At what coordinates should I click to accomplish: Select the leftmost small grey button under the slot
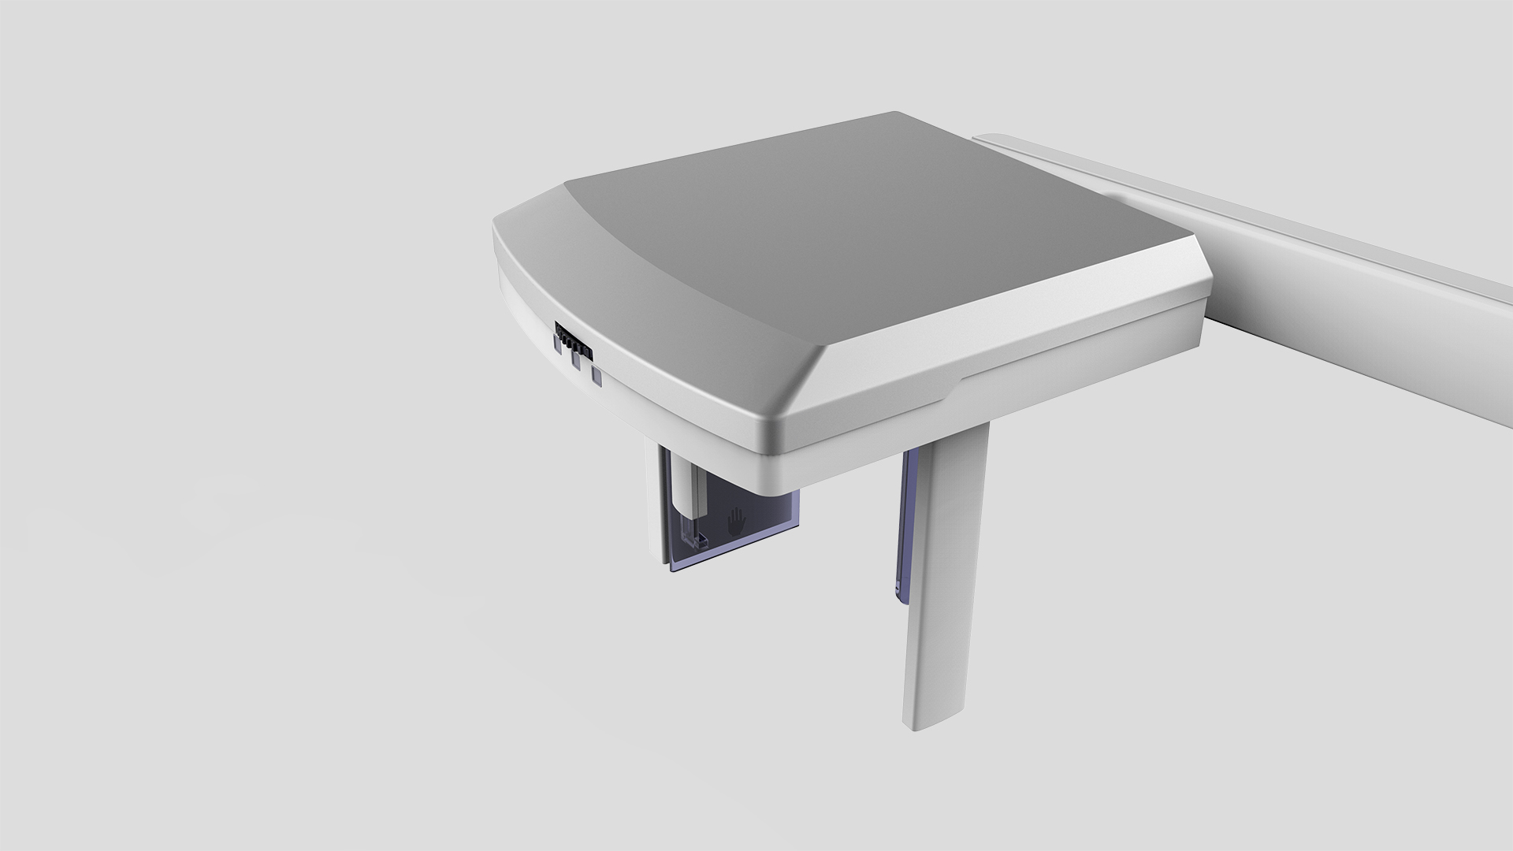coord(560,344)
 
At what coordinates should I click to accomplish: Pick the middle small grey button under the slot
coord(576,361)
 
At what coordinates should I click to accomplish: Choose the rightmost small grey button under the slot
coord(597,377)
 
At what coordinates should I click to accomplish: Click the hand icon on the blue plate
coord(736,521)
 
